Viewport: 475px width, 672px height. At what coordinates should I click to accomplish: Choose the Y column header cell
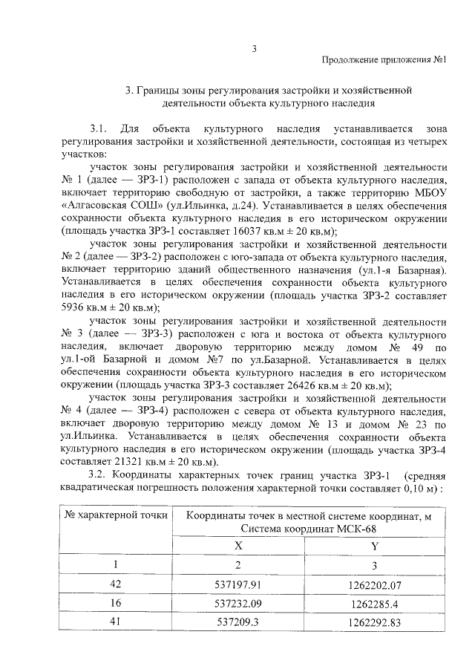coord(373,544)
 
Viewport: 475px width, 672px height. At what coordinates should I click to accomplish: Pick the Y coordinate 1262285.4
coord(373,604)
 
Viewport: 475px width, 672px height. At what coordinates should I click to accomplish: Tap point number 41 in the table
coord(116,623)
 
